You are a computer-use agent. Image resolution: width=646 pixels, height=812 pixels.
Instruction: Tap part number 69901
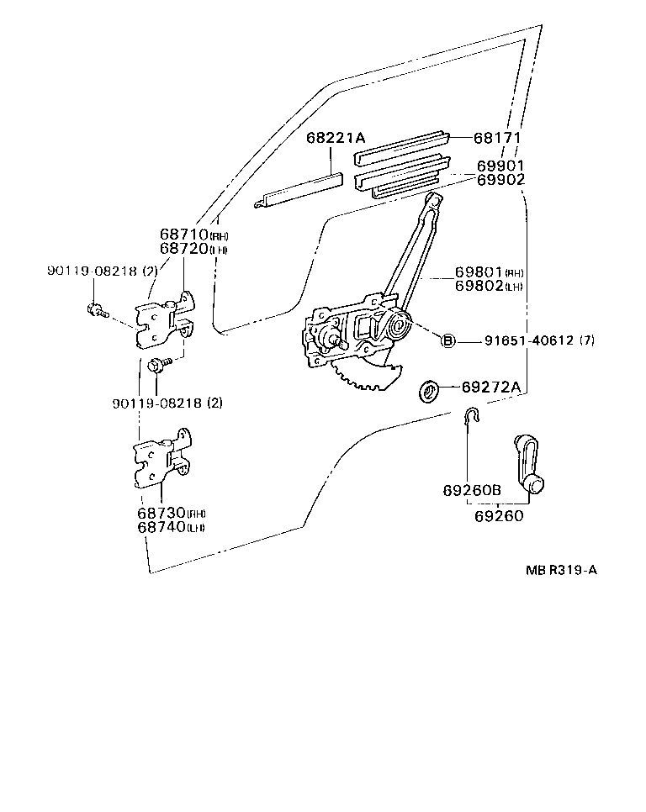(x=500, y=166)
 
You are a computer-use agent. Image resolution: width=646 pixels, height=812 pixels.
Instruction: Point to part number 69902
(x=500, y=180)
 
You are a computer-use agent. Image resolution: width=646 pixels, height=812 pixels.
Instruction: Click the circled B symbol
(x=448, y=340)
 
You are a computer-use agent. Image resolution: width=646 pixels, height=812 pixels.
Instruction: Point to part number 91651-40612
(x=528, y=340)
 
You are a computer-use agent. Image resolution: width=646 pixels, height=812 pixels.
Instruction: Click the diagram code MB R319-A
(x=561, y=570)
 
